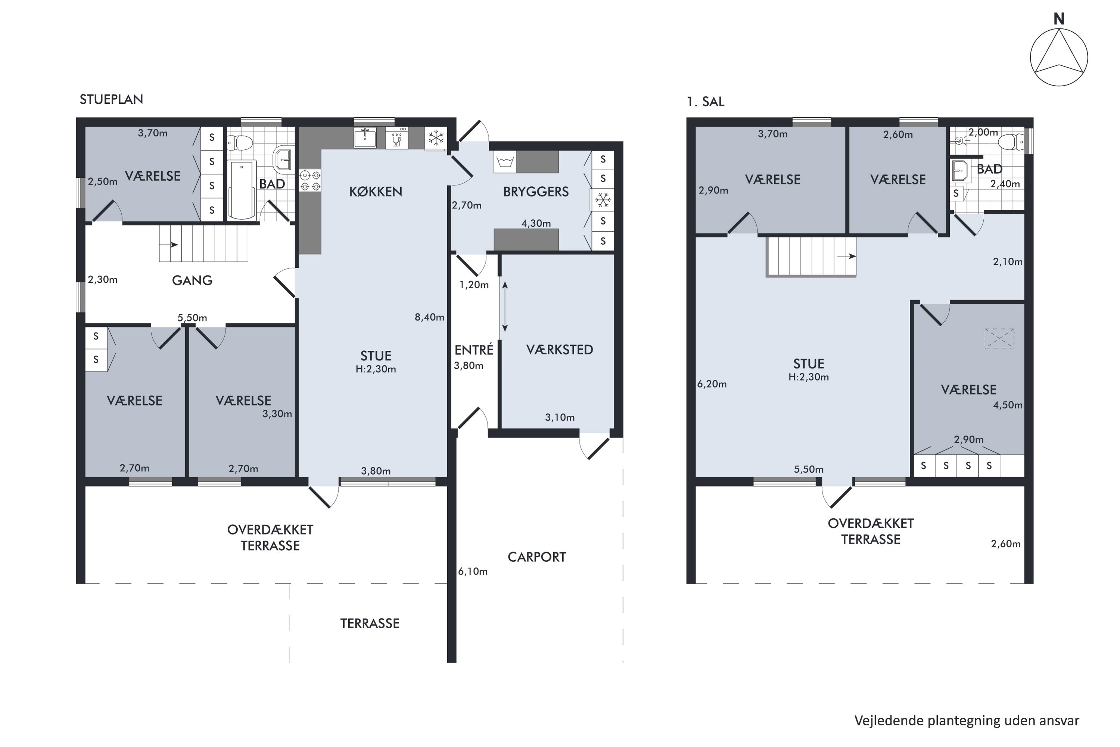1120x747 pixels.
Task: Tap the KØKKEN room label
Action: (x=376, y=192)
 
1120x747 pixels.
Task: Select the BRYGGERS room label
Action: (x=536, y=192)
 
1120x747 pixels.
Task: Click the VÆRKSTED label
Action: (x=560, y=350)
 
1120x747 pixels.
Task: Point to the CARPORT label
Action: (x=537, y=557)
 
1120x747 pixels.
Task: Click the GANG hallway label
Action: (x=192, y=280)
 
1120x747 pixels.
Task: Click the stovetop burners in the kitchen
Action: (x=309, y=180)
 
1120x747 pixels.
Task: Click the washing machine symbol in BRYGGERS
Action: (x=505, y=161)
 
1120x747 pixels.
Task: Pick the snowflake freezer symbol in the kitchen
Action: (x=436, y=138)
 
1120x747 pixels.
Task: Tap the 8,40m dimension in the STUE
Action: (x=429, y=317)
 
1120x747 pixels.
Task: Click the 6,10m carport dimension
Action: (x=472, y=571)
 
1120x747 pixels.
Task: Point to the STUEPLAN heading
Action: (x=111, y=99)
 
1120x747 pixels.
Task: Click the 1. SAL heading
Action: (x=705, y=102)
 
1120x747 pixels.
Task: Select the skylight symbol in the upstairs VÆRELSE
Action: (x=999, y=338)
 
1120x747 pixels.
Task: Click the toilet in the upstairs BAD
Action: (x=1011, y=142)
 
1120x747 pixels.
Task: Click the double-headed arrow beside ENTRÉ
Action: (x=505, y=306)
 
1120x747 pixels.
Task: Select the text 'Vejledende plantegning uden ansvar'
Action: (x=967, y=721)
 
